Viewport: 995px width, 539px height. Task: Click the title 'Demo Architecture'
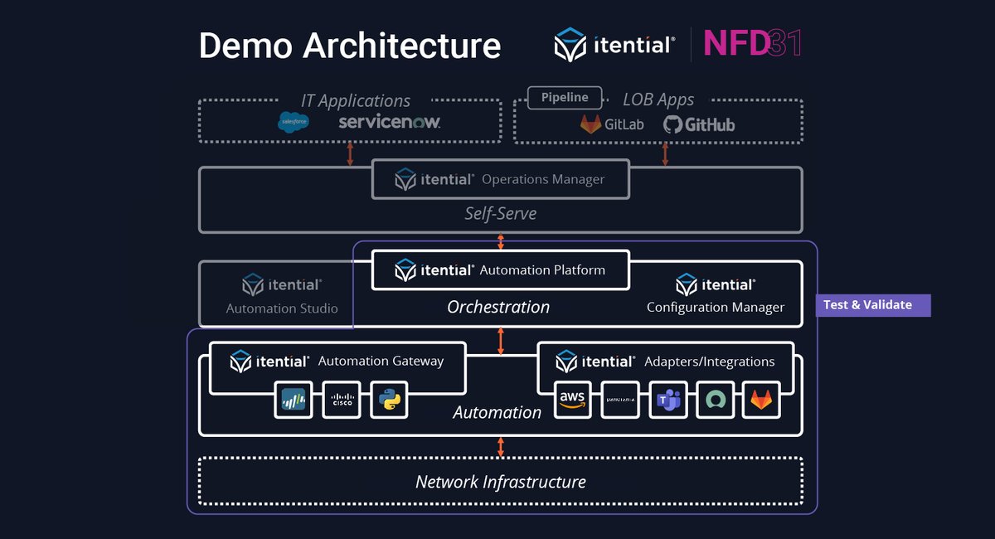tap(349, 46)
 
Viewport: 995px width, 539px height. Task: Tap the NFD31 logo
tap(752, 44)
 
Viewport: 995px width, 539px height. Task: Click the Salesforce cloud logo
tap(294, 123)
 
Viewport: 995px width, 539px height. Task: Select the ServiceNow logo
tap(389, 123)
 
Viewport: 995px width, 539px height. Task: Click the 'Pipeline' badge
tap(565, 98)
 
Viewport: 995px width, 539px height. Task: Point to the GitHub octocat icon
tap(673, 124)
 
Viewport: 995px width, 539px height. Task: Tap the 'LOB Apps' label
tap(658, 100)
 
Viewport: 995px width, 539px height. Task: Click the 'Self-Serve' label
tap(500, 214)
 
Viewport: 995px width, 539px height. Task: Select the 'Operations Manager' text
tap(543, 179)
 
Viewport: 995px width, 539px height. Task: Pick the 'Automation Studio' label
tap(282, 308)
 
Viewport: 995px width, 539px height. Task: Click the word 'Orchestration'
tap(498, 307)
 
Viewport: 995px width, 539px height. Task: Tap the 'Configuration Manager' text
tap(715, 308)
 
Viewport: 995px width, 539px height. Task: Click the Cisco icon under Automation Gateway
tap(342, 401)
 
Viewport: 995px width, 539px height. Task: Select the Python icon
tap(390, 401)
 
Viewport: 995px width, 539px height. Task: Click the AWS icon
tap(572, 401)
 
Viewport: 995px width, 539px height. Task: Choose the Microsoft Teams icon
tap(667, 401)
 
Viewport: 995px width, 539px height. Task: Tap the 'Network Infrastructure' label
tap(500, 482)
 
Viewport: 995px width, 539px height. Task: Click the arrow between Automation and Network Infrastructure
tap(500, 446)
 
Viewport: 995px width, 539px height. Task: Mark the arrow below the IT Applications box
tap(350, 154)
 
